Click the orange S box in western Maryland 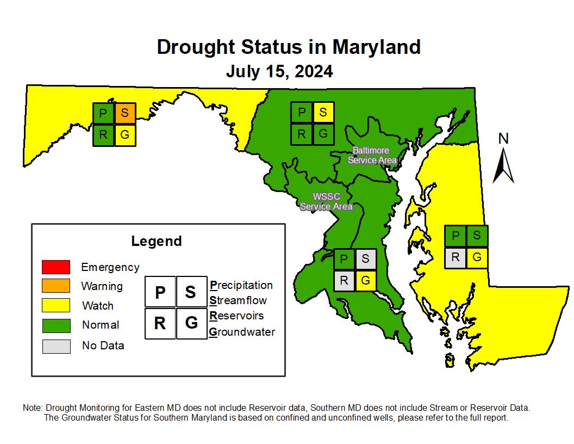(x=125, y=113)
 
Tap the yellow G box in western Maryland (x=125, y=135)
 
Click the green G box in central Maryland (x=323, y=134)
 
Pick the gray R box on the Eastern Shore (x=455, y=257)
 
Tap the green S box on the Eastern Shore (x=477, y=236)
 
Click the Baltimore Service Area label (x=372, y=155)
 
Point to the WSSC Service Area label (x=326, y=201)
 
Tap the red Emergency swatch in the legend (x=56, y=267)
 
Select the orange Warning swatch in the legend (x=56, y=286)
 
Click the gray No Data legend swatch (x=56, y=346)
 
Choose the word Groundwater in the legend (x=242, y=332)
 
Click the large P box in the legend (x=160, y=292)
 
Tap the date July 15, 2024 (x=279, y=71)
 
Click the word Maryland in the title (x=376, y=47)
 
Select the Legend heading (x=157, y=241)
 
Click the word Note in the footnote (x=33, y=408)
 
